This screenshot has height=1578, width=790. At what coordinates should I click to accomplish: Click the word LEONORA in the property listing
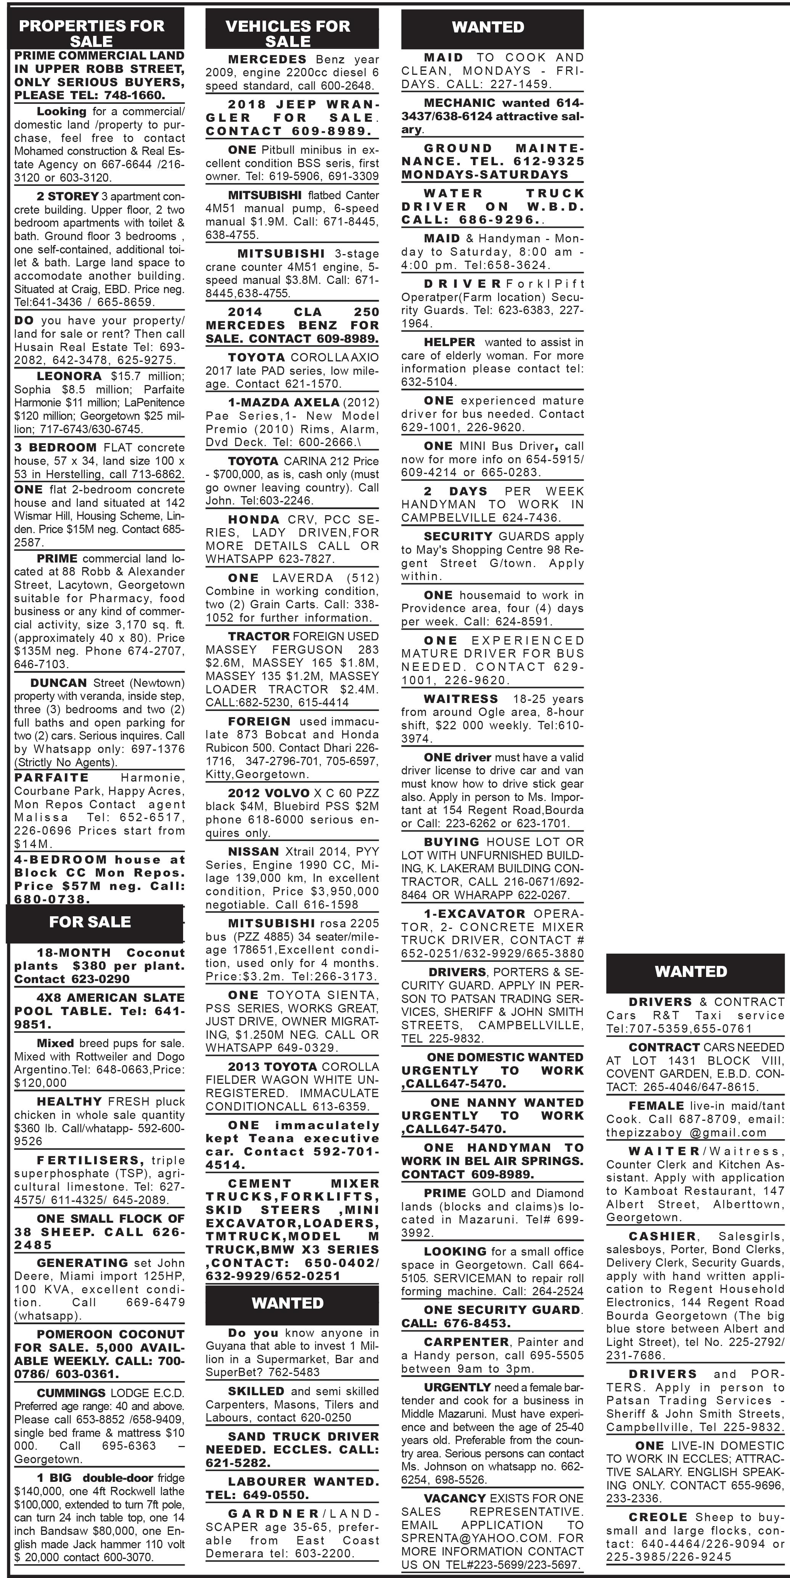69,376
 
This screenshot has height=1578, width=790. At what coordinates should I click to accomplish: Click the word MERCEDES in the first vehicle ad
267,60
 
